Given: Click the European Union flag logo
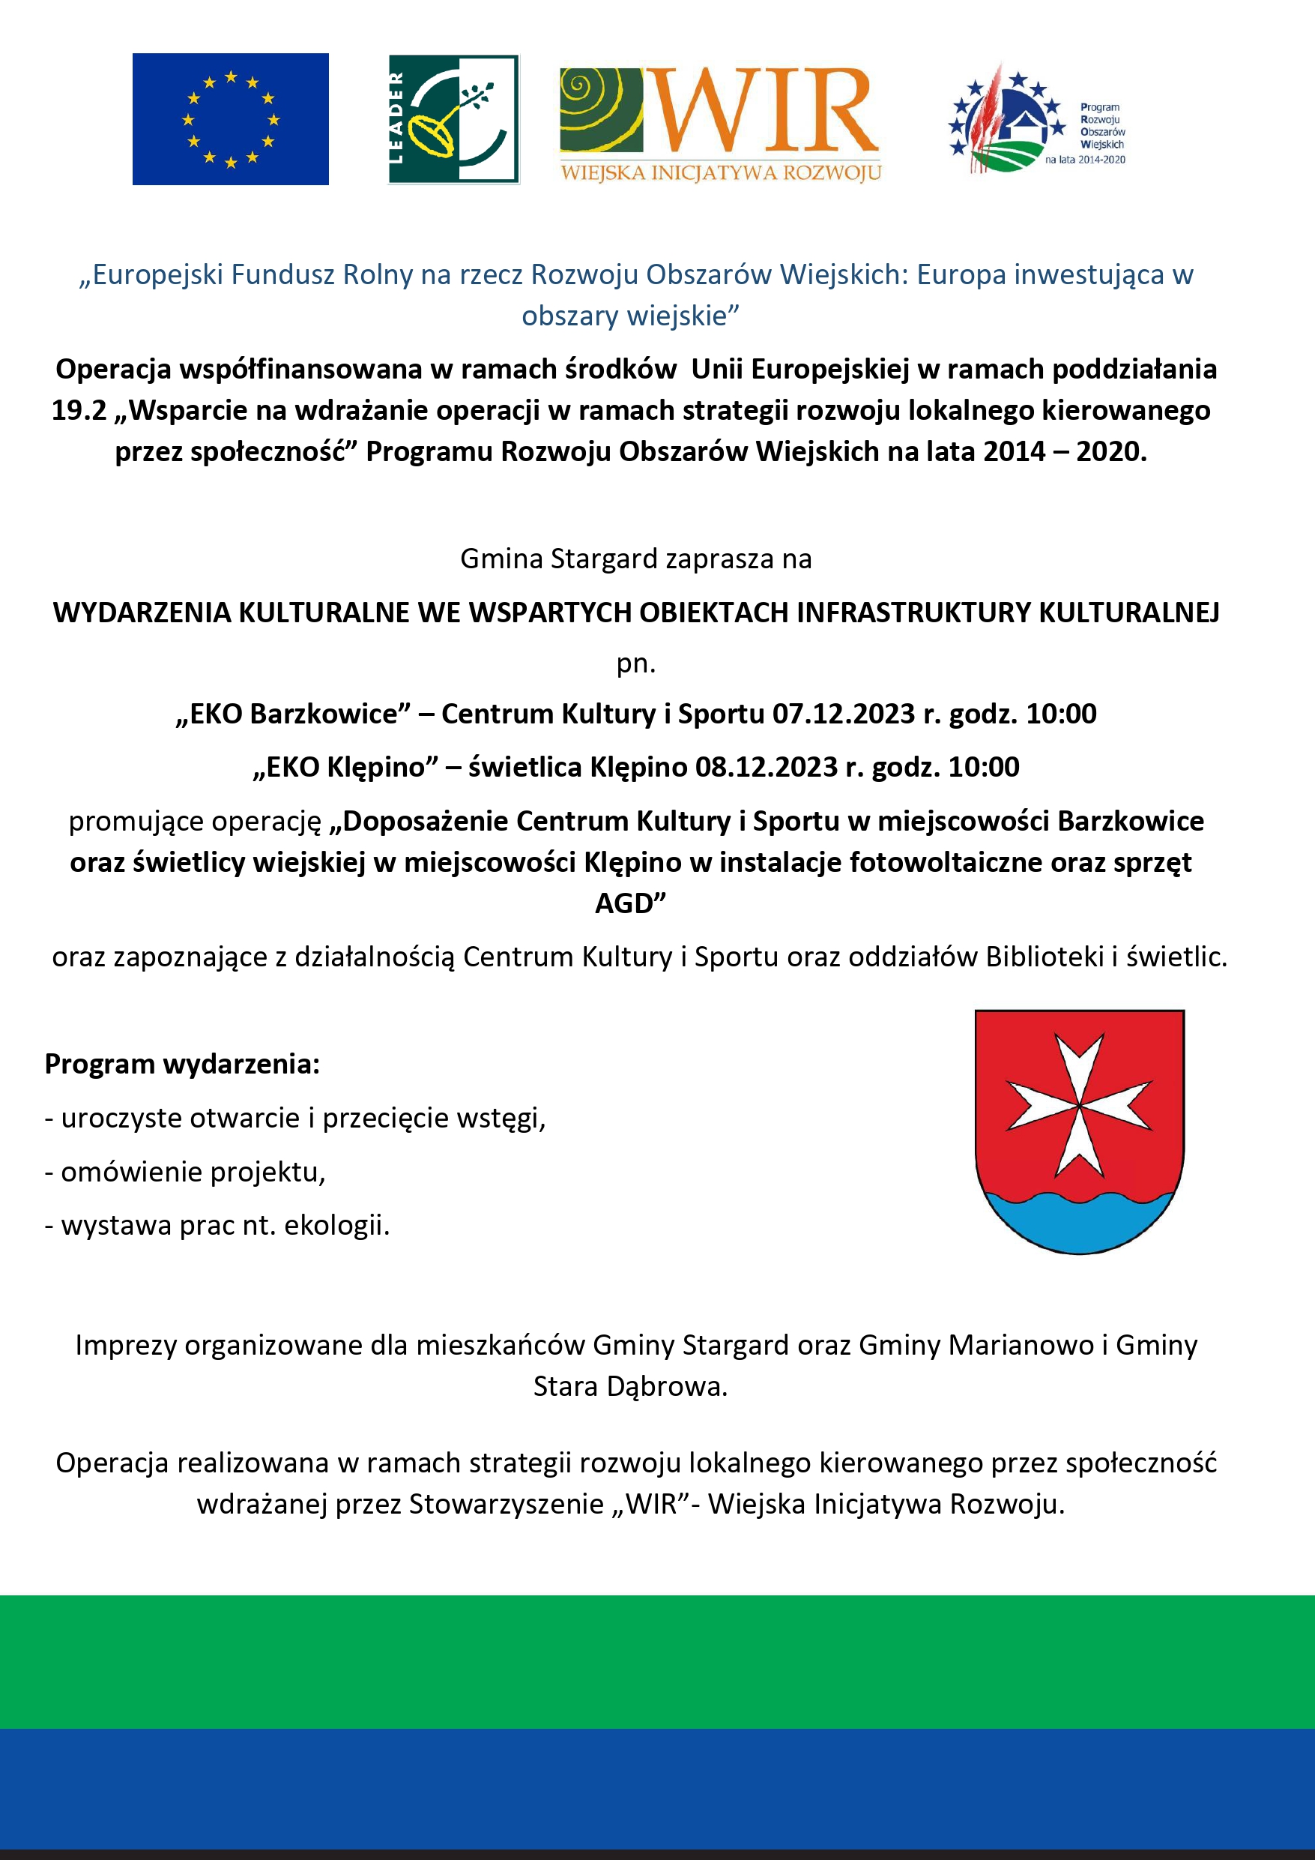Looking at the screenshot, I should click(x=230, y=119).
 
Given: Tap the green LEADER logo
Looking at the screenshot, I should click(x=453, y=119).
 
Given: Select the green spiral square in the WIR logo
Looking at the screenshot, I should click(x=601, y=110).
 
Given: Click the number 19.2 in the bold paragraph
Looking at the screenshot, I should click(x=79, y=411).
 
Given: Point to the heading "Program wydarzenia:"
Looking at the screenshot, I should click(x=182, y=1064).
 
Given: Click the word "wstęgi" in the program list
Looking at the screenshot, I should click(x=501, y=1118).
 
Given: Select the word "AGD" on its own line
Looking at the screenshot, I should click(x=629, y=903).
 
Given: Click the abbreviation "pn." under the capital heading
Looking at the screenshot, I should click(x=635, y=663).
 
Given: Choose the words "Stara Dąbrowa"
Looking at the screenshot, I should click(x=630, y=1386).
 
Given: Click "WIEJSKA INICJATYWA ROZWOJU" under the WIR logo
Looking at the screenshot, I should click(x=721, y=172).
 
